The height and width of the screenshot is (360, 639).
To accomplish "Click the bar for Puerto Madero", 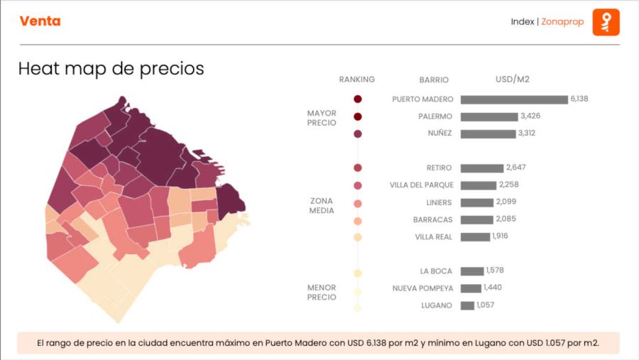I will pos(514,99).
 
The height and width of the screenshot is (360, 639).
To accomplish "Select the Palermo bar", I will pos(488,116).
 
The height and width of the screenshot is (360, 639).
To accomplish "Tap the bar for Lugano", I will pos(467,305).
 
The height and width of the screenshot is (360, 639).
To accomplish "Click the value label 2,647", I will pos(515,168).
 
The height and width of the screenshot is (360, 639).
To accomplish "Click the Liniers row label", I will pos(439,202).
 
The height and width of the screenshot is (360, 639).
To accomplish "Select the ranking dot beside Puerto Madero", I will pos(358,99).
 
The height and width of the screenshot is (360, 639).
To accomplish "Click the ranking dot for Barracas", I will pos(358,220).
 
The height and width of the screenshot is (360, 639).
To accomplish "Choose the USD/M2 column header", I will pos(513,79).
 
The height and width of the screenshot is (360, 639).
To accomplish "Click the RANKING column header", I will pos(356,80).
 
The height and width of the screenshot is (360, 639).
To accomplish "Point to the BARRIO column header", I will pos(434,80).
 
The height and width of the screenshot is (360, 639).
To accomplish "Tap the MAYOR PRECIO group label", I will pos(322,118).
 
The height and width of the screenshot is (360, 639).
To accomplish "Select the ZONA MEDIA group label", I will pos(322,206).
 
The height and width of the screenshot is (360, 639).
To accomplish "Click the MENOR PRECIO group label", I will pos(322,293).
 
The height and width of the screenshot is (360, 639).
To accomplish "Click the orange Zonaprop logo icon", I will pos(606,22).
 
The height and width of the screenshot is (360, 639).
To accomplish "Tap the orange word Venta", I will pos(40,21).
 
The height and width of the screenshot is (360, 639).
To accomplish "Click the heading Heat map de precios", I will pos(111,69).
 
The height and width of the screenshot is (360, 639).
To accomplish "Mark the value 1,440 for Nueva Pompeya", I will pos(492,288).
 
